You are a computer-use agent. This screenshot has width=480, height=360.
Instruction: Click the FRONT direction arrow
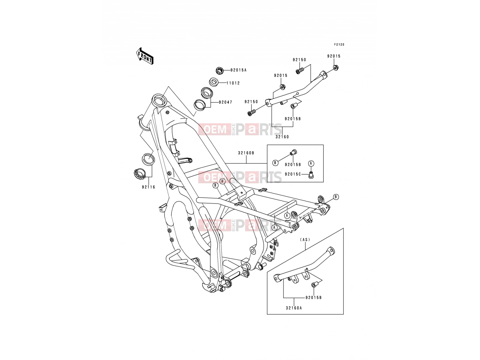(x=145, y=56)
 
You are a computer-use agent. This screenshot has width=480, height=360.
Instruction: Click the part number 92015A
(x=238, y=70)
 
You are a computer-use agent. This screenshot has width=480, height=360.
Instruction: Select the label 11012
(x=233, y=83)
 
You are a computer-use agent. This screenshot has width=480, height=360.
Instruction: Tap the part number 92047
(x=226, y=102)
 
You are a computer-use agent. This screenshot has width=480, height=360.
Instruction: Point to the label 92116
(x=148, y=187)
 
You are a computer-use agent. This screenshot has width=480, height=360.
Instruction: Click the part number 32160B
(x=246, y=153)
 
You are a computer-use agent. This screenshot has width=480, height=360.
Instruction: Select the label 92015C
(x=293, y=174)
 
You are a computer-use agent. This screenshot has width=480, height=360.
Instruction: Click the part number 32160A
(x=294, y=308)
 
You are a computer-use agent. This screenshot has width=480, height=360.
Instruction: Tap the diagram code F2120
(x=339, y=45)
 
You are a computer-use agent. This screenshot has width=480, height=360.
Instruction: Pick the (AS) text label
(x=305, y=240)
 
